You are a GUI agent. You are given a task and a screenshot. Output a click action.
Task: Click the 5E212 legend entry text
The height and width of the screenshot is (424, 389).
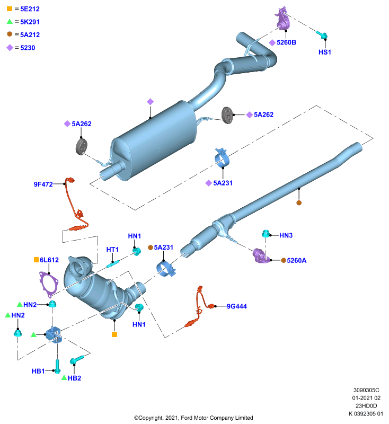point(30,9)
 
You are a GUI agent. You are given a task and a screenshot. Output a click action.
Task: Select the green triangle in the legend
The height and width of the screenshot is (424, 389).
point(10,21)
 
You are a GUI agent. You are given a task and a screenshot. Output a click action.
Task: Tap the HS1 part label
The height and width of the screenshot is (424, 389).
point(325,52)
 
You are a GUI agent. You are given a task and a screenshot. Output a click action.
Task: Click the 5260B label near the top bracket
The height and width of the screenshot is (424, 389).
point(286,42)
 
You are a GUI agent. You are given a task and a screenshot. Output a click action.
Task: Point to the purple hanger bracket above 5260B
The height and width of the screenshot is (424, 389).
point(283,19)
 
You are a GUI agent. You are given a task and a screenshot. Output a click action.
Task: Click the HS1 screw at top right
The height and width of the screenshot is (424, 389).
point(322,34)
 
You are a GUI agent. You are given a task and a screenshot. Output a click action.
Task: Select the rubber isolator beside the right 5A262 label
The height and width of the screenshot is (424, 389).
point(227,115)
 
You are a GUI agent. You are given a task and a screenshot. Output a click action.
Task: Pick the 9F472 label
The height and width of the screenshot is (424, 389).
point(43,184)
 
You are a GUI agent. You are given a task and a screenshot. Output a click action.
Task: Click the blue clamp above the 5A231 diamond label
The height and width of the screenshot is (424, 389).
point(222,158)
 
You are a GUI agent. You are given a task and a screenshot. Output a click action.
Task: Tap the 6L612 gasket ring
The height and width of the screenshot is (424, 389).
point(49,284)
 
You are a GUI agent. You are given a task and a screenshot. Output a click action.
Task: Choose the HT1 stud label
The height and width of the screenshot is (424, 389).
point(112,249)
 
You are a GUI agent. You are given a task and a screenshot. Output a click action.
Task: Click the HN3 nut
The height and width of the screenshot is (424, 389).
point(266,233)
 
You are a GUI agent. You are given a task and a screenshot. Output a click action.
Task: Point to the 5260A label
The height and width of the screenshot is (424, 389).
point(297,260)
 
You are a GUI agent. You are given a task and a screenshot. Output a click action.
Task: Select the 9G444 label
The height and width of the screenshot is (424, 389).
point(236,306)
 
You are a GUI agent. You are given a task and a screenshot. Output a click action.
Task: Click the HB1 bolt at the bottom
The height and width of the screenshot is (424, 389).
point(57,366)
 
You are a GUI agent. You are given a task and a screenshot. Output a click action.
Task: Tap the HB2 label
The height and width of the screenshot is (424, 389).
point(74,378)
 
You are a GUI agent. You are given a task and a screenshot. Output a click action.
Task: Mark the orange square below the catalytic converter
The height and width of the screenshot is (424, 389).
point(114,334)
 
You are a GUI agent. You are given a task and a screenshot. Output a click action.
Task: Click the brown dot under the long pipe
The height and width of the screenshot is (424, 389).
point(299,202)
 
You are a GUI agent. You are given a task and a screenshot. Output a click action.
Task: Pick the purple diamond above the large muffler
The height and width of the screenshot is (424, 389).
point(151,102)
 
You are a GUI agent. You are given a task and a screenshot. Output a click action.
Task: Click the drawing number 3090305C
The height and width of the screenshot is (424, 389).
point(366,390)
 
